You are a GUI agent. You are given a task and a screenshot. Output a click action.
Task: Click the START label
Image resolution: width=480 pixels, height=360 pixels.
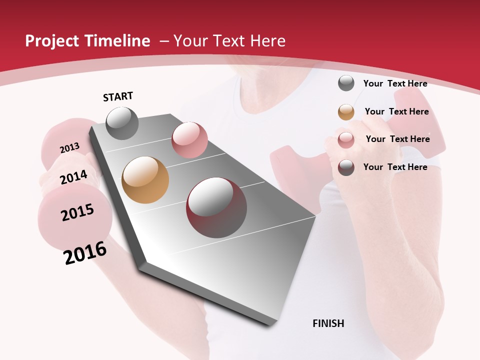118,96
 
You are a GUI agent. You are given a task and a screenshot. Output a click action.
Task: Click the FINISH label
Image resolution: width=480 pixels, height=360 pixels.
328,323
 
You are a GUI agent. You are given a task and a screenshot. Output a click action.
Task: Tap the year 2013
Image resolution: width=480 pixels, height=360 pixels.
69,148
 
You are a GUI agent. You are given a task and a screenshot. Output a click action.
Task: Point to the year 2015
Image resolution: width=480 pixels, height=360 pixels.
77,212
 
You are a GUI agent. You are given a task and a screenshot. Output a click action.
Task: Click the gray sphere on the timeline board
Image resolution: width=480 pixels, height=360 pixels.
122,123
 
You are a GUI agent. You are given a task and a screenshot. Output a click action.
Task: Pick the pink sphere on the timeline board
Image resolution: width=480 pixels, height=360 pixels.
189,140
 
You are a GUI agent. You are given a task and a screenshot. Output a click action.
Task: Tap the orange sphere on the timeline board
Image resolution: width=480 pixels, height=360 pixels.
145,180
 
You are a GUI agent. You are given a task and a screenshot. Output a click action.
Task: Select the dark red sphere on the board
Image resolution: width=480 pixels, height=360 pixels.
216,207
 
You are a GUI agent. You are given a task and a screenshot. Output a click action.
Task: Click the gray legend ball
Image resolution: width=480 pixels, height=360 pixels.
346,83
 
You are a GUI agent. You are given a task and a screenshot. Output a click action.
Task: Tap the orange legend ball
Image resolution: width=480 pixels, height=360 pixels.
346,112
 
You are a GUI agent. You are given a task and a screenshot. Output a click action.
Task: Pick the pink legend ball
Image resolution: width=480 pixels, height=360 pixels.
346,140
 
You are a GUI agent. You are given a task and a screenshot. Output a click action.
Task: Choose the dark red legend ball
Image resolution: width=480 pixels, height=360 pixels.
346,167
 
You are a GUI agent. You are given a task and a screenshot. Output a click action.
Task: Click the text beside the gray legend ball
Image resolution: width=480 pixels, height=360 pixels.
395,83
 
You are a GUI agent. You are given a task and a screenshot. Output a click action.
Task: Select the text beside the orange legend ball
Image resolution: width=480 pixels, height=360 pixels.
396,111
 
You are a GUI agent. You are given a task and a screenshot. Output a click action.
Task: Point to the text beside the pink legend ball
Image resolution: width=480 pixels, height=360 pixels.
397,139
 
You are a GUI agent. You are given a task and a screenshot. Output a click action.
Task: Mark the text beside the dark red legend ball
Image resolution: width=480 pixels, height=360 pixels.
395,167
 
